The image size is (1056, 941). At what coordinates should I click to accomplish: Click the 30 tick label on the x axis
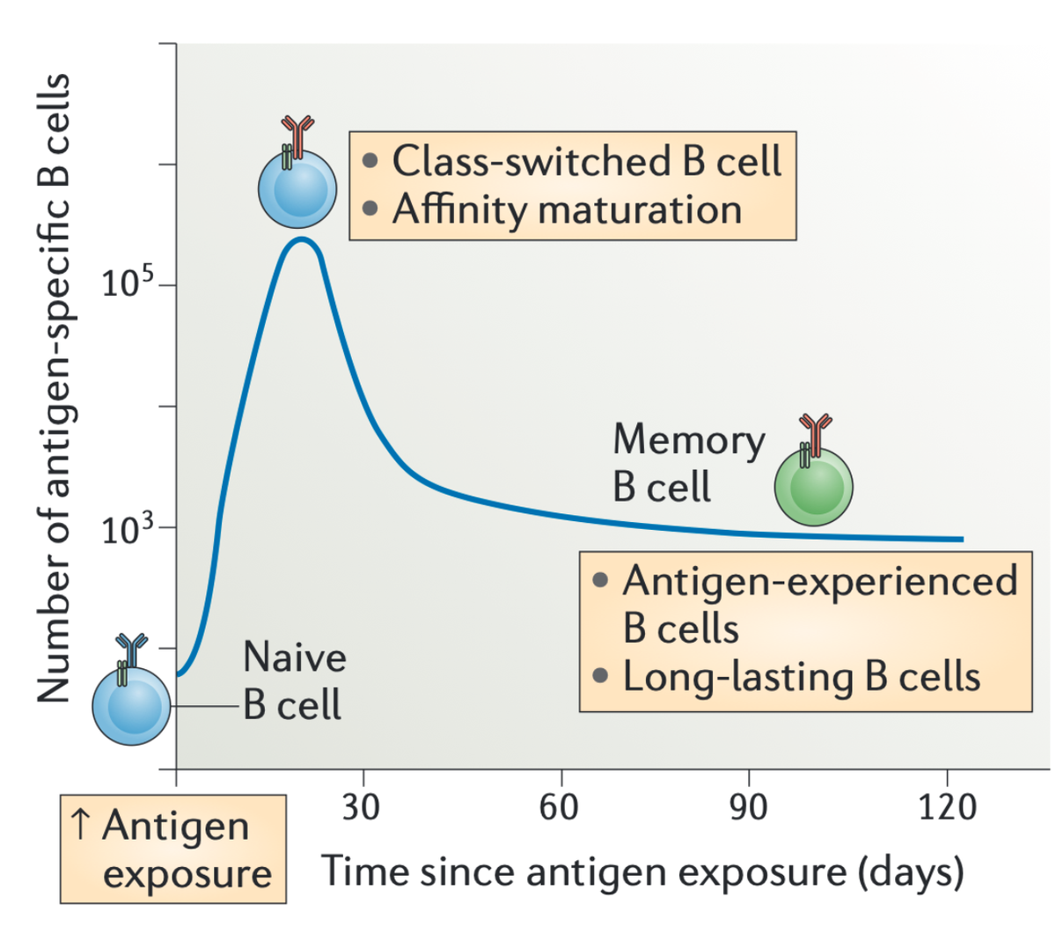(361, 806)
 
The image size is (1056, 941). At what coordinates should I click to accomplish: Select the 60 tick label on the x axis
(560, 806)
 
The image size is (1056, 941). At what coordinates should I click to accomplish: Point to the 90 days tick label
(749, 806)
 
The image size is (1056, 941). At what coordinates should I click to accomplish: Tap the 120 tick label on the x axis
(947, 806)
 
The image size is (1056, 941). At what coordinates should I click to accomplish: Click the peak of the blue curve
(301, 239)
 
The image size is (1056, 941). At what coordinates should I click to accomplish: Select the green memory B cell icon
(814, 487)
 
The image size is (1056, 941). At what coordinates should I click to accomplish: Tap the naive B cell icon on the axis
(131, 705)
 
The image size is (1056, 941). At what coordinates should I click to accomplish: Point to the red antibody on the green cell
(816, 429)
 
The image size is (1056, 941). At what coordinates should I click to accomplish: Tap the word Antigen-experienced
(819, 581)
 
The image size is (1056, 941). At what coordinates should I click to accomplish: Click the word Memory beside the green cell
(688, 440)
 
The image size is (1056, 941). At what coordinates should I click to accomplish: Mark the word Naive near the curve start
(294, 657)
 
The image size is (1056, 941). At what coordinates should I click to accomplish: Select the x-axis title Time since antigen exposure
(642, 871)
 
